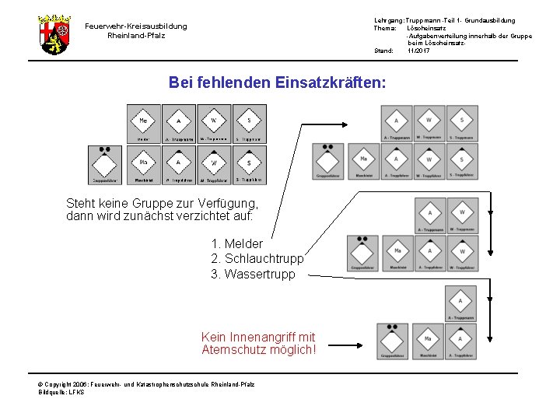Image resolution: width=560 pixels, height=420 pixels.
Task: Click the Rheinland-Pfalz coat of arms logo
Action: [54, 34]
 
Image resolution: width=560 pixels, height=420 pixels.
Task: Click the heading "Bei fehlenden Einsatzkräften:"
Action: [277, 82]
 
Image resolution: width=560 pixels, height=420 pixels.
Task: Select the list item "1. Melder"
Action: [243, 243]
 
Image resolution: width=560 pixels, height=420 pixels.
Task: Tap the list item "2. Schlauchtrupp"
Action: [257, 258]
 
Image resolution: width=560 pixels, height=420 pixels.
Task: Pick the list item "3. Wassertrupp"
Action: [254, 274]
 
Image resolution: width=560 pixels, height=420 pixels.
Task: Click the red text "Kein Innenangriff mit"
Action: [258, 337]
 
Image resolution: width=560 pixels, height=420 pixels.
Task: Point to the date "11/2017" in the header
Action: [418, 51]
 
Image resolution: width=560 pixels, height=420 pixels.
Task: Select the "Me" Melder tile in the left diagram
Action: [144, 123]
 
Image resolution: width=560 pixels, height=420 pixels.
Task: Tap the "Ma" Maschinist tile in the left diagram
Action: [144, 164]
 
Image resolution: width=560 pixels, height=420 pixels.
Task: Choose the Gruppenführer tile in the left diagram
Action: [104, 164]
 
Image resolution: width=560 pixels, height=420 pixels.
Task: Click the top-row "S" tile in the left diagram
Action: [249, 123]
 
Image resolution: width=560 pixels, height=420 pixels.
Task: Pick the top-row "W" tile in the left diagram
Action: [214, 123]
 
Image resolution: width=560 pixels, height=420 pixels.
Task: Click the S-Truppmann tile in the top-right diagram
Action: [461, 124]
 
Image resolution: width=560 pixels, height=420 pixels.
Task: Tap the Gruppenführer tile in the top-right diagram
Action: [328, 163]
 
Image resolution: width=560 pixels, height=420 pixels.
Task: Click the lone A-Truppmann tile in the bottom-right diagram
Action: [460, 303]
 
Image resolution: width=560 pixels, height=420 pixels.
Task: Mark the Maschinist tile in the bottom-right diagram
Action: [427, 341]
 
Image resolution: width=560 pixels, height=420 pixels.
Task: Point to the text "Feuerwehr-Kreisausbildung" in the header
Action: [136, 26]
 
